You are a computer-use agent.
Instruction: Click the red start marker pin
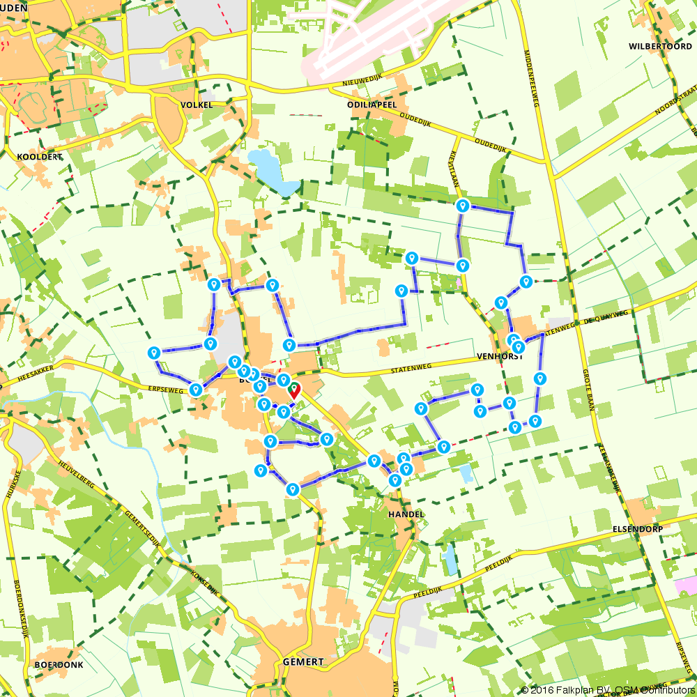294,390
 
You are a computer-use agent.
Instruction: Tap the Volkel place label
197,105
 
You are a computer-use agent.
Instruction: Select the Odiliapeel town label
372,104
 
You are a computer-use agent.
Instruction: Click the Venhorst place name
500,355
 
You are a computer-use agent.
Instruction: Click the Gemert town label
304,661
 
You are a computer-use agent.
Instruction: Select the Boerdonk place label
59,665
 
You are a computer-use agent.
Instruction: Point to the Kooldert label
40,157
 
